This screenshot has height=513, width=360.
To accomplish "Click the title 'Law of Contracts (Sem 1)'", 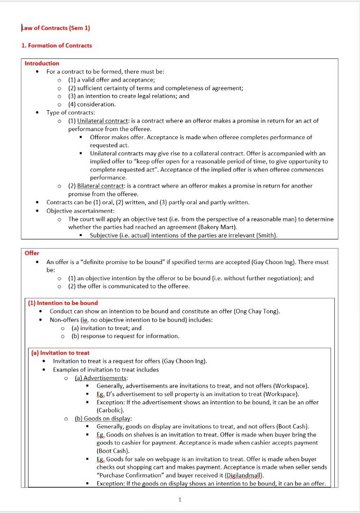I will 56,28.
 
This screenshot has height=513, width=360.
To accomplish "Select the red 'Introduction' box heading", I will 42,63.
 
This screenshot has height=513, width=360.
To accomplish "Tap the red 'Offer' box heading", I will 32,253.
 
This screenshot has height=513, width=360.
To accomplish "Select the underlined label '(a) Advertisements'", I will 98,378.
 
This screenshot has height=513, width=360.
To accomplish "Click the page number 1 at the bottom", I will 180,499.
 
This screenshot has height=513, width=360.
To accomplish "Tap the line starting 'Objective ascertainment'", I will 80,210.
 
